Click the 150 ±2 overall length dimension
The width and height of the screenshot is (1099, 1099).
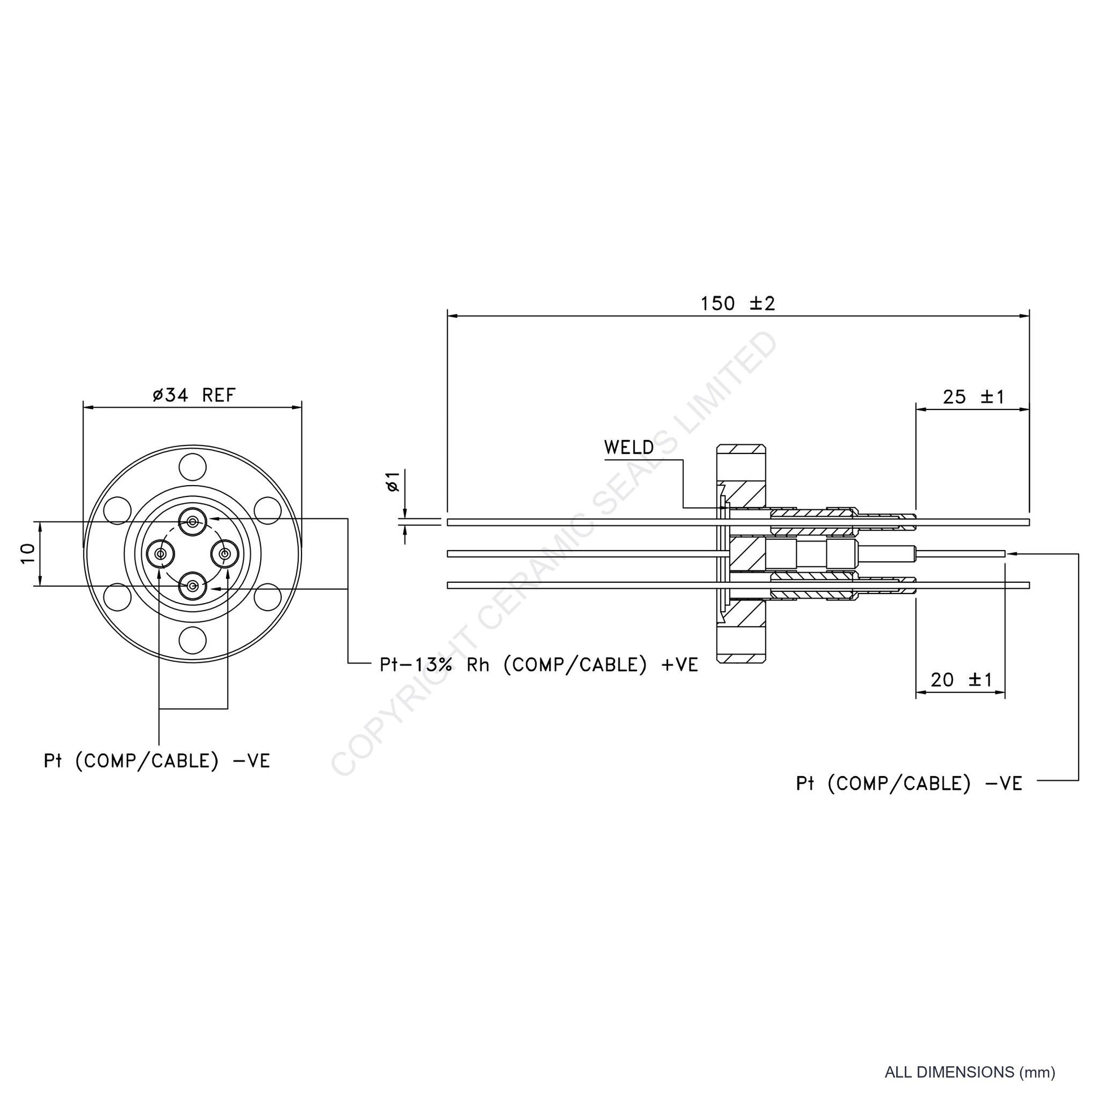(x=738, y=304)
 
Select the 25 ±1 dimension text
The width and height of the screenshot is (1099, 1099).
(x=974, y=397)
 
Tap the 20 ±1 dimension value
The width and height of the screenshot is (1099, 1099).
(x=961, y=680)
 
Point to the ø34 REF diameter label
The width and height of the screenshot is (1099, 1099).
(x=193, y=395)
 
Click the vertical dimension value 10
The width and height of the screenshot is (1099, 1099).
(x=28, y=553)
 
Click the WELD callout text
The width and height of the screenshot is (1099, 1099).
(x=629, y=448)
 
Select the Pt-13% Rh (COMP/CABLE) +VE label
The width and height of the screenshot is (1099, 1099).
(x=539, y=664)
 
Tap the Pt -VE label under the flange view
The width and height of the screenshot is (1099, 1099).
(x=157, y=761)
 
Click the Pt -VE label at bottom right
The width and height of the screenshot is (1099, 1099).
(x=909, y=783)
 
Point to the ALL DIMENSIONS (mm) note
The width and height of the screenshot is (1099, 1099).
(x=970, y=1072)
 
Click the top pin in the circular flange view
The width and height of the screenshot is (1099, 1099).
(x=193, y=521)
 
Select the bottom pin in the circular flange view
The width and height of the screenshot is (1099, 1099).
(x=193, y=586)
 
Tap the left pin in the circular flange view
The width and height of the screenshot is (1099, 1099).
(x=161, y=553)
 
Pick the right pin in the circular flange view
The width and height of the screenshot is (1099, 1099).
(x=226, y=553)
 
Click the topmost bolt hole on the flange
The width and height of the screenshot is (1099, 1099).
(x=192, y=467)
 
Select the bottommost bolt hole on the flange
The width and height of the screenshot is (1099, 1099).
(x=192, y=640)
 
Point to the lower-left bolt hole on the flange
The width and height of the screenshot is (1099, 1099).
(x=117, y=597)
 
